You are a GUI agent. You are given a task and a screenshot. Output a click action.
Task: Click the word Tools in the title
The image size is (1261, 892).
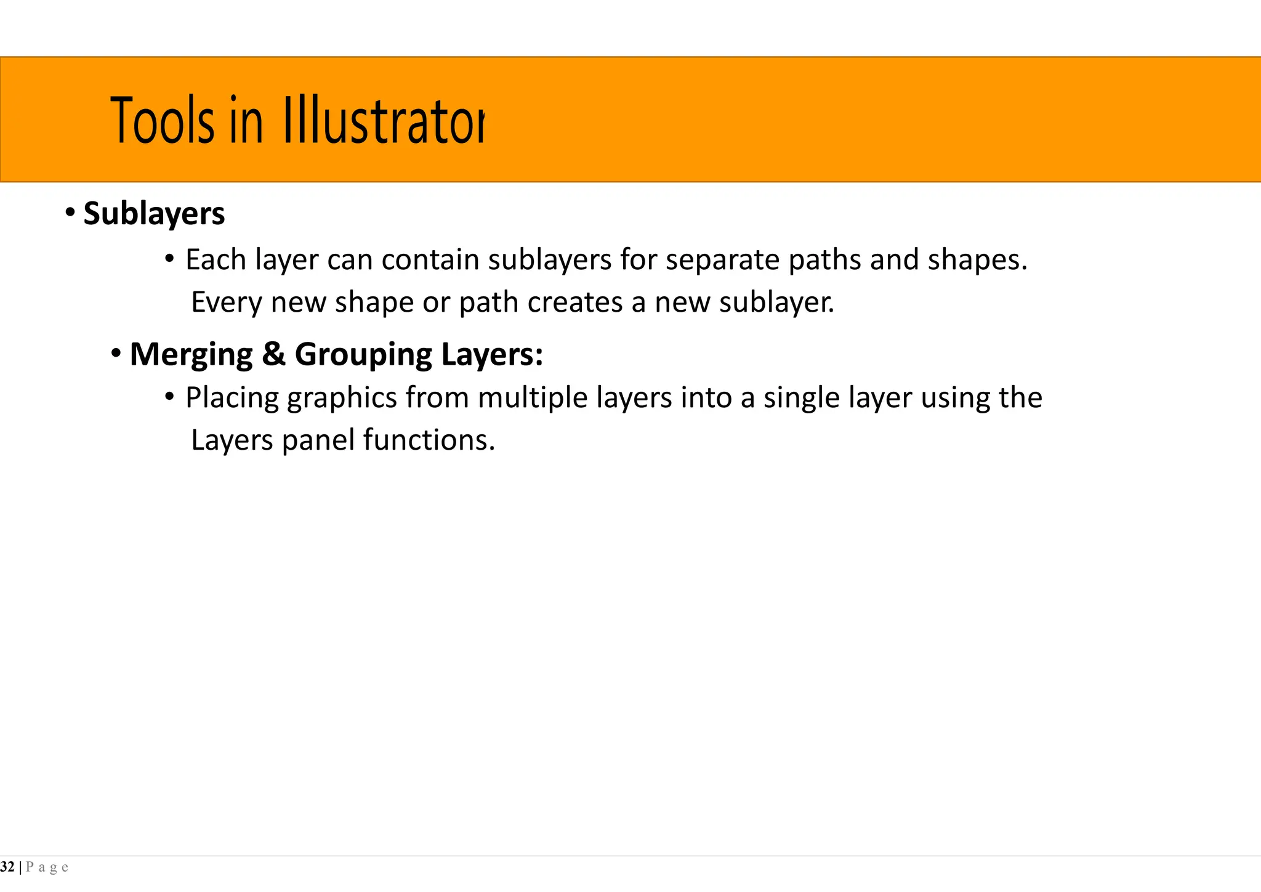(163, 121)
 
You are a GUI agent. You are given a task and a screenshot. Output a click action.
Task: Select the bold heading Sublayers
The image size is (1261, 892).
(154, 214)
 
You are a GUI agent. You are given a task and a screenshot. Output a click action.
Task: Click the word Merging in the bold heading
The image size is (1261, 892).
(191, 354)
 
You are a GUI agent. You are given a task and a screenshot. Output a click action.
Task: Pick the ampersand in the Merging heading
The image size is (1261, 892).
(273, 354)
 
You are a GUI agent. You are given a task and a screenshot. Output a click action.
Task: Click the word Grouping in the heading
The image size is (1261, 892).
(363, 355)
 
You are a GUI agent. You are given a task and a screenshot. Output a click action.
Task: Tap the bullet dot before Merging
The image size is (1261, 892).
(116, 354)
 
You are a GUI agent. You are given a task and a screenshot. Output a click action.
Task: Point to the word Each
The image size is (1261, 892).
(216, 259)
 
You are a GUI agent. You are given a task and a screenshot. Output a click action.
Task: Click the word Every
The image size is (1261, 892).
(226, 302)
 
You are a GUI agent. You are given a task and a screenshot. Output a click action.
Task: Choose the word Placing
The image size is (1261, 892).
(232, 398)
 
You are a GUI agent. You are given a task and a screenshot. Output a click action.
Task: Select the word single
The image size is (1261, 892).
(801, 398)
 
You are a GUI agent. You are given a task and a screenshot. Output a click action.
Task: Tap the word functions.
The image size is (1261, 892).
(429, 440)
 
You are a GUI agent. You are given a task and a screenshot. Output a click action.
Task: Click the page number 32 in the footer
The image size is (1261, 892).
(7, 867)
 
